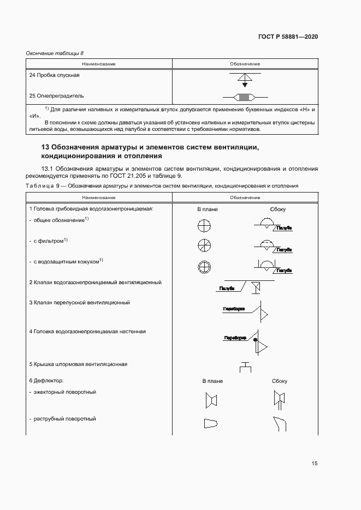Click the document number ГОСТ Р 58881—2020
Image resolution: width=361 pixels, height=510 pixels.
tap(288, 37)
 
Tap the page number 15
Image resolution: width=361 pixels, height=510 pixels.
tap(315, 464)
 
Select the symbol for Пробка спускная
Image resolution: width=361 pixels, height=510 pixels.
tap(245, 80)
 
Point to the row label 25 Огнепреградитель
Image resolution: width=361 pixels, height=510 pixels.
tap(56, 95)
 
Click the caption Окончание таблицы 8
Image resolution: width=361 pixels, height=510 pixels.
tap(55, 53)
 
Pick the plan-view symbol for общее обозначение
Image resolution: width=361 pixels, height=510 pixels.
tap(204, 225)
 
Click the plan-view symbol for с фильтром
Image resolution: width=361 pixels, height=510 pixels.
tap(204, 245)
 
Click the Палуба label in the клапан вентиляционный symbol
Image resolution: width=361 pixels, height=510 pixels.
tap(227, 287)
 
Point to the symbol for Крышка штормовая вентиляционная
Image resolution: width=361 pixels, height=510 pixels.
tap(245, 366)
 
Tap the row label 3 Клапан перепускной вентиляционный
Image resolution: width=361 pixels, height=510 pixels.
tap(79, 302)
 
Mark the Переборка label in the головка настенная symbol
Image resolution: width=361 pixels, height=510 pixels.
tap(235, 338)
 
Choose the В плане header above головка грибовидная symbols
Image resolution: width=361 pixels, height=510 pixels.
tap(208, 209)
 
